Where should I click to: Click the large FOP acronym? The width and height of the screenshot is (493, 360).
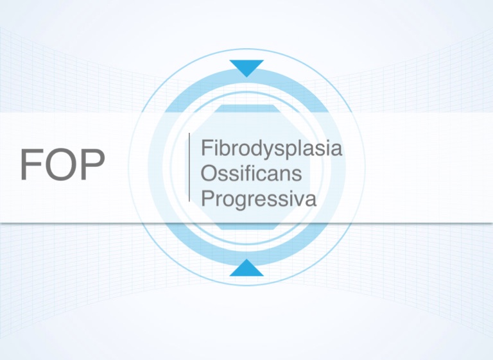click(62, 164)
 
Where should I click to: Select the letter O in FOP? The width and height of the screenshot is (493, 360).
click(62, 164)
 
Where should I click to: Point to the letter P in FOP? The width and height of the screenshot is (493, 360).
click(93, 164)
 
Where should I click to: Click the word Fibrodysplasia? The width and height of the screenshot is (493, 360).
click(272, 149)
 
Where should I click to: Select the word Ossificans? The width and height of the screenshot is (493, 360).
click(251, 173)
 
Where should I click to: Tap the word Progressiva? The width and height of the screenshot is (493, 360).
click(259, 199)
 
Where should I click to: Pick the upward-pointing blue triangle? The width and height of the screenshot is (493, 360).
click(246, 268)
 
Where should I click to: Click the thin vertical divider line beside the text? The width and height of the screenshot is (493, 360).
click(189, 167)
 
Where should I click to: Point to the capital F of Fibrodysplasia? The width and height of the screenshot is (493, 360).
click(207, 148)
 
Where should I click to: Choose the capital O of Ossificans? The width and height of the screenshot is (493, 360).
click(209, 173)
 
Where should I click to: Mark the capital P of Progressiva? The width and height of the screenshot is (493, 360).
click(207, 198)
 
